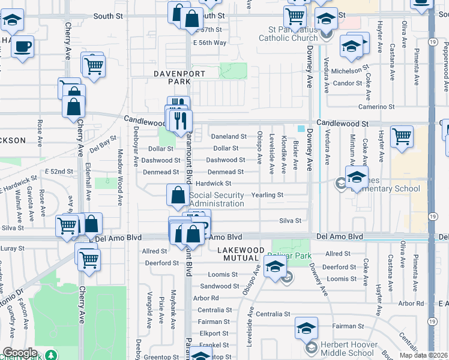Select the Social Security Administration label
coord(217,199)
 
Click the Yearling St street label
coord(267,195)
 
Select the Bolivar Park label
coord(291,256)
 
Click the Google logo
coord(20,353)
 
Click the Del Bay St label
coord(102,144)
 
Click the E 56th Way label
coord(209,43)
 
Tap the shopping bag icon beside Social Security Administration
coord(178,194)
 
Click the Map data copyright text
coord(425,355)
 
